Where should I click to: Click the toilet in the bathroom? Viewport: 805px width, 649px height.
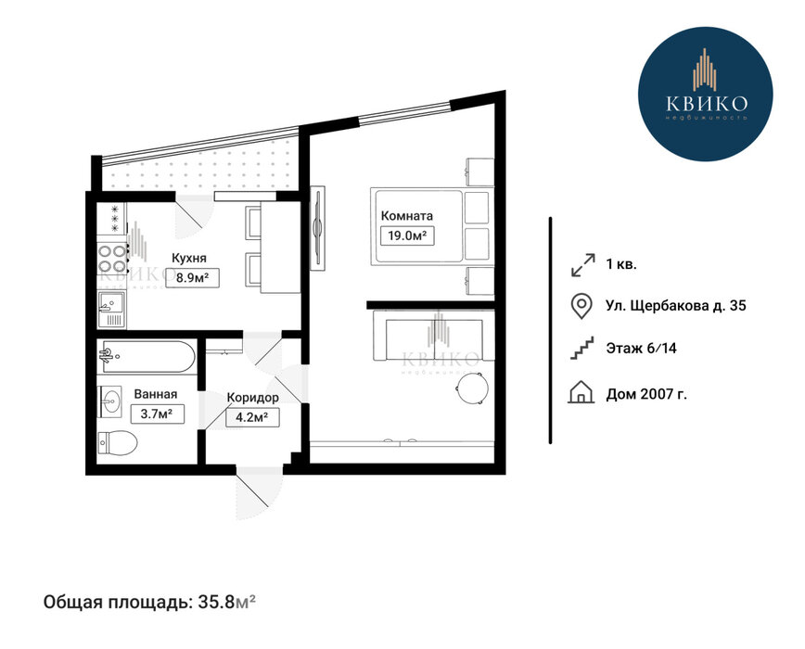coord(118,442)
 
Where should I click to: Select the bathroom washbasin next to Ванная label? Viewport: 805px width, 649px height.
coord(109,401)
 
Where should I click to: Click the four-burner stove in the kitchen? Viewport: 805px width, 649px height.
coord(112,259)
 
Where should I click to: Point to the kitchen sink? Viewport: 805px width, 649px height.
coord(112,309)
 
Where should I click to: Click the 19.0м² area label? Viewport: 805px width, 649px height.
coord(408,236)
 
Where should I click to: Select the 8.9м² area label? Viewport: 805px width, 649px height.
coord(192,277)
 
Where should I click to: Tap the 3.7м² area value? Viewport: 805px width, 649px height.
coord(157,414)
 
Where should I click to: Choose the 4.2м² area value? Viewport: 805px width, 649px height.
coord(252,417)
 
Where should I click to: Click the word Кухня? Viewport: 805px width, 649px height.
coord(189,258)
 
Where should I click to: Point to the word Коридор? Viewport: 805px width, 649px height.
coord(253,398)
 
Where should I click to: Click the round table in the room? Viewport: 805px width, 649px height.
coord(471,388)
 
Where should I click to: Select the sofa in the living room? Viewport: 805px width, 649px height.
coord(433,336)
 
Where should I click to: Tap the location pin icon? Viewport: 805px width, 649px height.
coord(581,306)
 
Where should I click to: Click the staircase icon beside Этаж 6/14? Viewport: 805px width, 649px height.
coord(582,349)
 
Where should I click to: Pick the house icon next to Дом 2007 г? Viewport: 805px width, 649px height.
coord(581,392)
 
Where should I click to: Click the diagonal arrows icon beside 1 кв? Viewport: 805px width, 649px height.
coord(582,265)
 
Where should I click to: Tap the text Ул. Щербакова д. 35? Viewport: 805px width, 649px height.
coord(676,306)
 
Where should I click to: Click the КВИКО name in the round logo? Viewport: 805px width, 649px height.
coord(707,104)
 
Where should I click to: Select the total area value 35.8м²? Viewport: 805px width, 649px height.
coord(226,602)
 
